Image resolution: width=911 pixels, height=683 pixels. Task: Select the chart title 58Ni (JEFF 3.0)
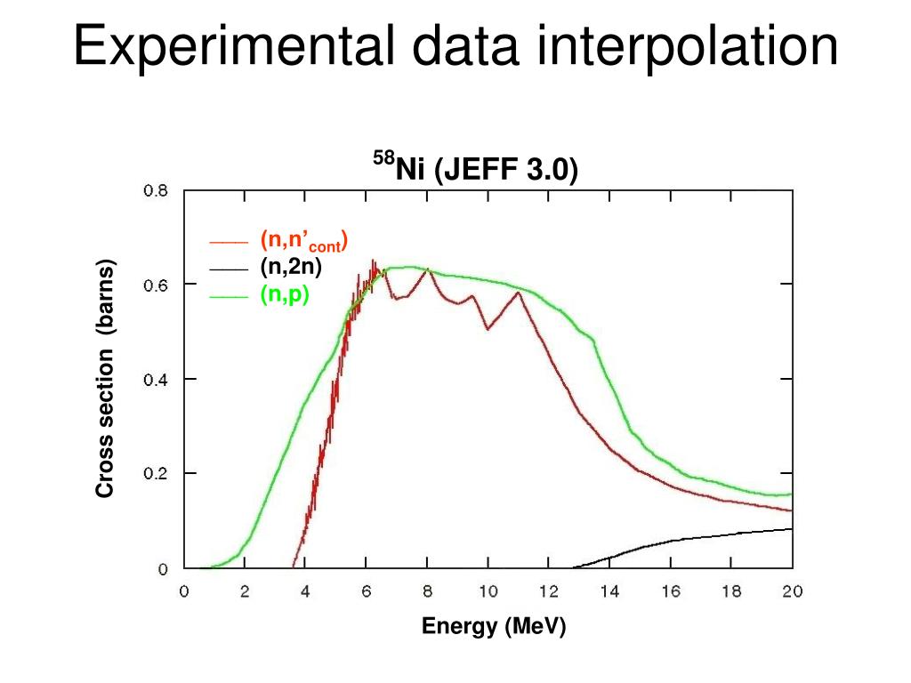(x=474, y=167)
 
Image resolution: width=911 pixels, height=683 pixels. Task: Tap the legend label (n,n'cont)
(x=303, y=240)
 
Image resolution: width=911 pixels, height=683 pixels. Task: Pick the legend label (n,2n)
(x=291, y=266)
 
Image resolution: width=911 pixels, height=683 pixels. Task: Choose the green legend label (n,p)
(x=285, y=295)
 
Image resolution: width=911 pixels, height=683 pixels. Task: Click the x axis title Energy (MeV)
(x=493, y=626)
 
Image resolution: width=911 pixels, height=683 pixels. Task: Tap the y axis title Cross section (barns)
(x=106, y=379)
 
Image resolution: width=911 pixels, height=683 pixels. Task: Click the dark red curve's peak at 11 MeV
(x=518, y=293)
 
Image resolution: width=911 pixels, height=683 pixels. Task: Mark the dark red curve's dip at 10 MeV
(x=488, y=330)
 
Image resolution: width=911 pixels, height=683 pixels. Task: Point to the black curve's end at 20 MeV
(x=791, y=529)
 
